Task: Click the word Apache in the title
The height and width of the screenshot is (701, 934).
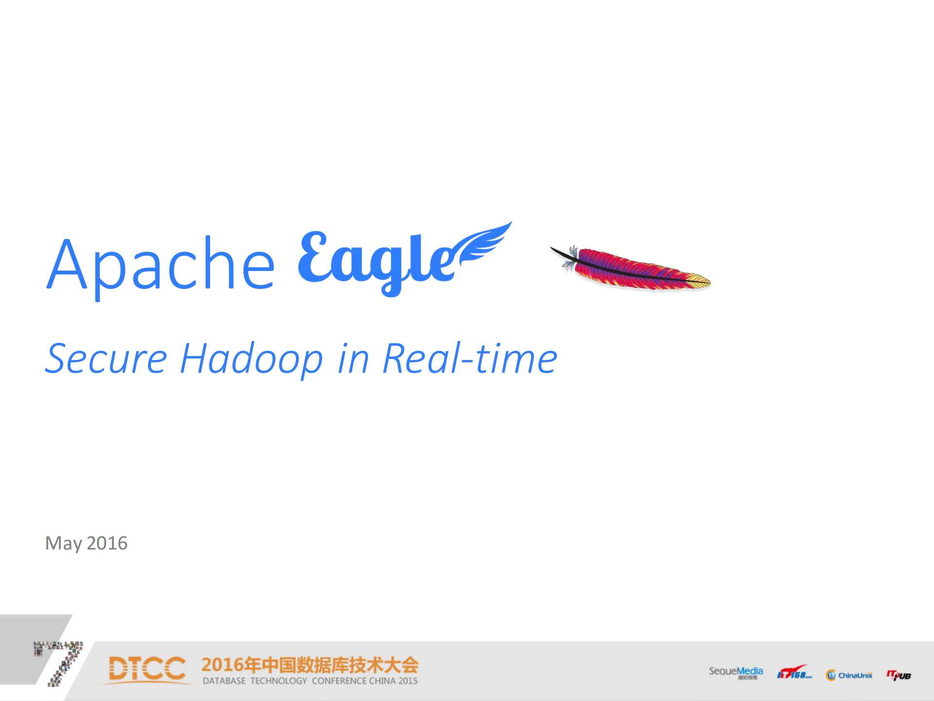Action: point(161,265)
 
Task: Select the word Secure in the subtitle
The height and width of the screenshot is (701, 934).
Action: point(106,359)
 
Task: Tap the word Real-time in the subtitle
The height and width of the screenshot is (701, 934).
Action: point(470,359)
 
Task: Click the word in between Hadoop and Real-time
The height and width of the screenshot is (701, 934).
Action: point(353,359)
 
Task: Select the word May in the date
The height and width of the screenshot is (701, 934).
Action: point(63,544)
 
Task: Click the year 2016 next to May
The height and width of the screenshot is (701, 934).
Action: point(107,543)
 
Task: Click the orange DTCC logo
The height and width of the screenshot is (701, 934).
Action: point(147,668)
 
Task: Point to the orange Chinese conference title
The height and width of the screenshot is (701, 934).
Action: point(310,665)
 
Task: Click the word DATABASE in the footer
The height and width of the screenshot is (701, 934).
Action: point(224,681)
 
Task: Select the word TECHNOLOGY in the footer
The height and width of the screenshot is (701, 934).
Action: point(278,681)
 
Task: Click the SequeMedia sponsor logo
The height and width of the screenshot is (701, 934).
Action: point(735,672)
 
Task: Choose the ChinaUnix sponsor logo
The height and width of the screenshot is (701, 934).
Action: point(849,675)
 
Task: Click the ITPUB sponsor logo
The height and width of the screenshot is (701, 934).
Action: point(898,675)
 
